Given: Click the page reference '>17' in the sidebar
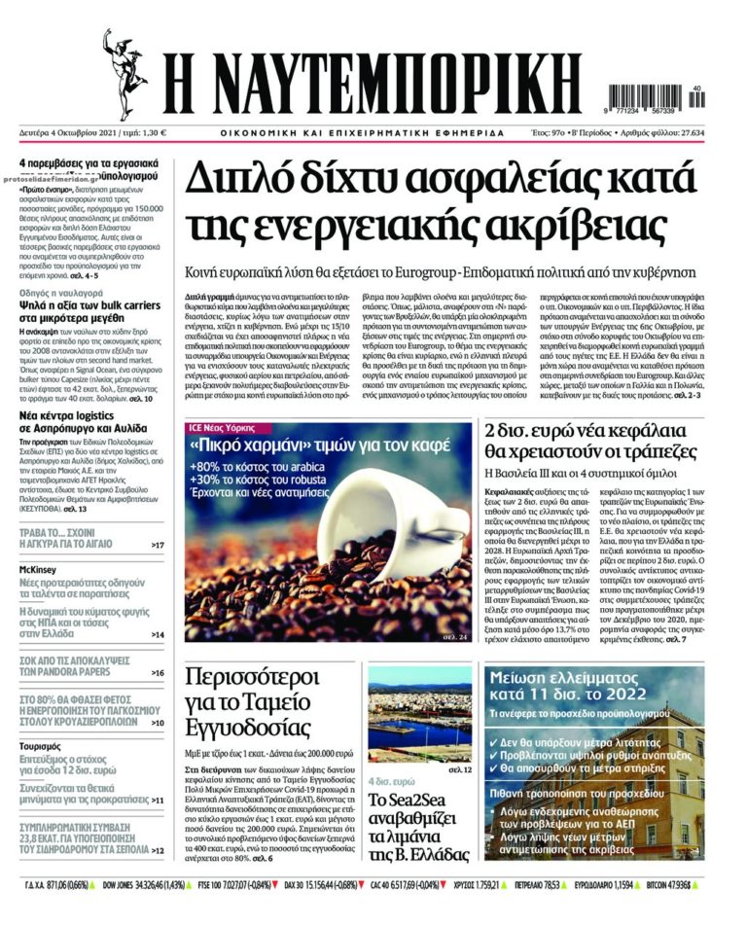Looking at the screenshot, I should point(158,545).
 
